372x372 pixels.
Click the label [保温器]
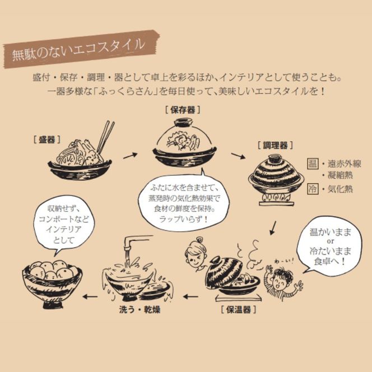(239, 308)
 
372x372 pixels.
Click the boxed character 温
(312, 164)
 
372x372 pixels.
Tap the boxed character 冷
(312, 189)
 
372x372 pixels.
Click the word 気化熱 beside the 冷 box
(341, 189)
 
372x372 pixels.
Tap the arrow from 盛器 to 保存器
(130, 155)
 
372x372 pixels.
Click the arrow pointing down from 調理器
(273, 227)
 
